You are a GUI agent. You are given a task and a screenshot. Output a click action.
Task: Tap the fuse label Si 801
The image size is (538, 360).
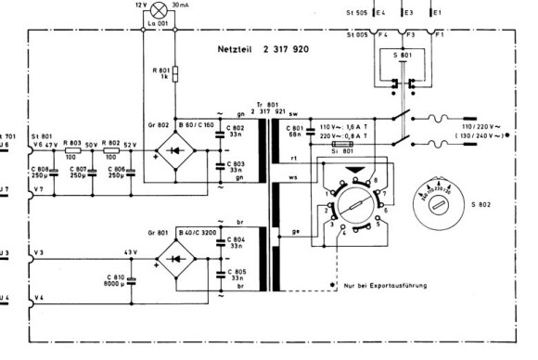click(x=341, y=155)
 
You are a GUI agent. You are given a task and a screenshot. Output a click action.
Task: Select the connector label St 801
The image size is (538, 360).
click(x=42, y=135)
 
